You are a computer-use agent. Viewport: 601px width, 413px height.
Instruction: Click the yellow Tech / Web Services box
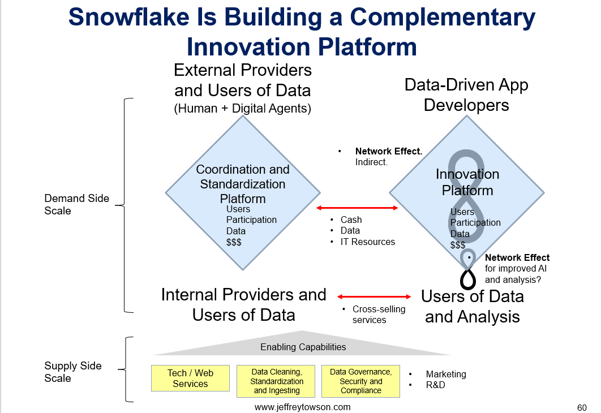(x=190, y=378)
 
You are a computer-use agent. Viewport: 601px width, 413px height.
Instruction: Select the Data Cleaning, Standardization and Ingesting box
(x=276, y=381)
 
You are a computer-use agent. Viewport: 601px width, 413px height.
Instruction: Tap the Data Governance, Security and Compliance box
(x=360, y=381)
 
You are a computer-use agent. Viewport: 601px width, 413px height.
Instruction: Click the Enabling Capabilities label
(x=303, y=347)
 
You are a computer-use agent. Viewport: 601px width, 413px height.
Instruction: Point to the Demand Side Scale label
(x=76, y=205)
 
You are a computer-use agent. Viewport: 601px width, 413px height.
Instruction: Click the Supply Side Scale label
(x=73, y=372)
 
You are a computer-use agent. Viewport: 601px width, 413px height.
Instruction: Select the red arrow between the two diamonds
(x=357, y=208)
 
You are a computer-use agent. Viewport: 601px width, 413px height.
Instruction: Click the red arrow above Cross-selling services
(x=374, y=296)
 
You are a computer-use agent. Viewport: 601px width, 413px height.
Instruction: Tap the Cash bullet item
(x=351, y=220)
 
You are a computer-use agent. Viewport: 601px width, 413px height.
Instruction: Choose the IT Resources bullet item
(x=368, y=242)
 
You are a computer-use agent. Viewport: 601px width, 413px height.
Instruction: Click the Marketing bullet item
(x=446, y=375)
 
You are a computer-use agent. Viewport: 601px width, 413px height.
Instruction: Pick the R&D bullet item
(x=435, y=385)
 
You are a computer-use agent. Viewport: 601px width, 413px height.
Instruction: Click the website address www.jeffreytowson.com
(x=302, y=407)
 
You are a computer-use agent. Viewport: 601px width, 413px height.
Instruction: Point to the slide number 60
(x=582, y=408)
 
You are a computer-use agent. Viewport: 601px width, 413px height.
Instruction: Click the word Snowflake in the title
(x=129, y=17)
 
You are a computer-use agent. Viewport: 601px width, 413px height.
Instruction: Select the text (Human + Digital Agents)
(x=243, y=109)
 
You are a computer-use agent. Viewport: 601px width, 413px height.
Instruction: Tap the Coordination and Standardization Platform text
(x=243, y=184)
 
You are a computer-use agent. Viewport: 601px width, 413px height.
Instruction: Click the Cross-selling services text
(x=379, y=315)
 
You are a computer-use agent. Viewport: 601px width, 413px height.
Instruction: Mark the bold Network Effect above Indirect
(x=389, y=151)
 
